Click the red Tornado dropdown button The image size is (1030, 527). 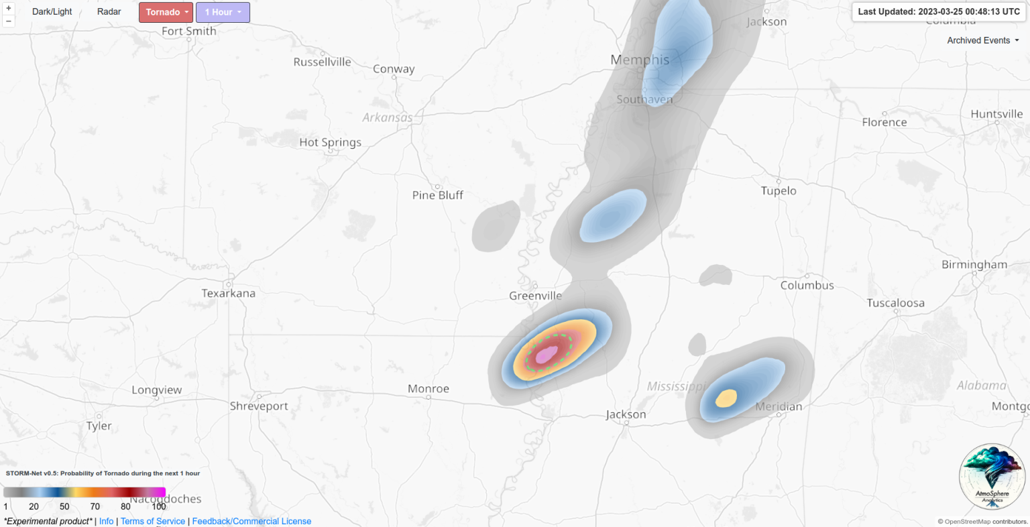click(166, 12)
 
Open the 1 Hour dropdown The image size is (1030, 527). click(223, 12)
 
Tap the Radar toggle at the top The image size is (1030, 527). click(109, 12)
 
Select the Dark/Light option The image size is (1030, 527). click(52, 12)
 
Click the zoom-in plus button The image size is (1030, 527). click(9, 9)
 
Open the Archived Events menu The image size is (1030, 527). click(982, 40)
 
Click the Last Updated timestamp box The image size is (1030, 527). click(938, 11)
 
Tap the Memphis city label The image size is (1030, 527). click(640, 60)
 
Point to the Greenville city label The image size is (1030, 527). click(535, 296)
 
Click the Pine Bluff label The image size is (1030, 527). click(438, 195)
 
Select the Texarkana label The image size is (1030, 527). click(229, 293)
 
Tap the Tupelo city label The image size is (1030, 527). click(779, 191)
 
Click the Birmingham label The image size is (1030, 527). click(974, 264)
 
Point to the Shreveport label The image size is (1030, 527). click(259, 406)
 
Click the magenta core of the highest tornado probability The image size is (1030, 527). click(547, 354)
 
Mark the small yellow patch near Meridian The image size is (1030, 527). click(726, 398)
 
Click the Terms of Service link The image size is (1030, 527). click(153, 521)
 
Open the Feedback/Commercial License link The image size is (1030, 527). click(251, 521)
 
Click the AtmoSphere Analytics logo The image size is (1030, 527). click(992, 476)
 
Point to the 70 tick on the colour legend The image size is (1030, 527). click(95, 506)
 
